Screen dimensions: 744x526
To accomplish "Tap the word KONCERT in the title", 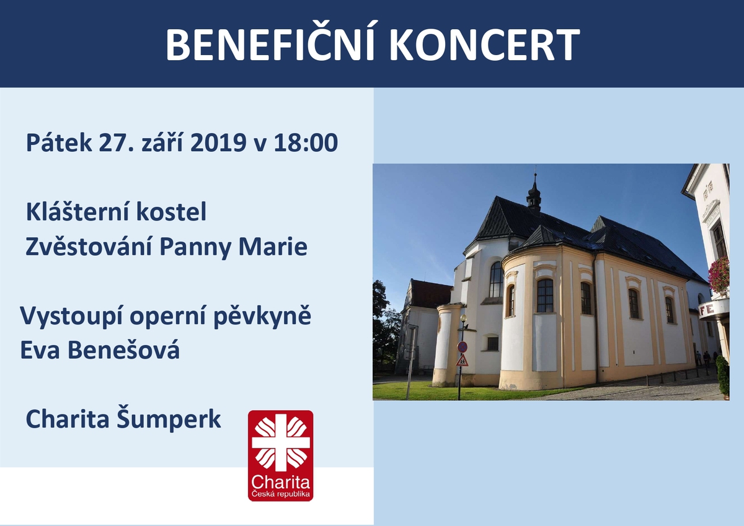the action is pyautogui.click(x=485, y=45).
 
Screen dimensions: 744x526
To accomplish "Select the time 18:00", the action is pyautogui.click(x=306, y=142).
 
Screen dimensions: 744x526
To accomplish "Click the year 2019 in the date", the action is pyautogui.click(x=218, y=142).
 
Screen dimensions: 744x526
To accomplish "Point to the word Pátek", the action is pyautogui.click(x=59, y=142).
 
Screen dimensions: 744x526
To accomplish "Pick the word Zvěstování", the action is pyautogui.click(x=89, y=247).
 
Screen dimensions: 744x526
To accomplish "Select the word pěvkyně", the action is pyautogui.click(x=262, y=317).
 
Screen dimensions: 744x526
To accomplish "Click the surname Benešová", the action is pyautogui.click(x=123, y=350).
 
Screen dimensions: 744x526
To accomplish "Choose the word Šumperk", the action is pyautogui.click(x=169, y=420).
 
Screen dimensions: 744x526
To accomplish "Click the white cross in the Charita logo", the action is pyautogui.click(x=281, y=442).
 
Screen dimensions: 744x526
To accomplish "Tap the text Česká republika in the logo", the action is pyautogui.click(x=281, y=494).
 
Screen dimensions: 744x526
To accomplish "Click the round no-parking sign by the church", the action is pyautogui.click(x=462, y=348).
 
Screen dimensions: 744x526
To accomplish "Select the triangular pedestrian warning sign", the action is pyautogui.click(x=462, y=361).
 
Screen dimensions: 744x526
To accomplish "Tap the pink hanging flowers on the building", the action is pyautogui.click(x=719, y=276).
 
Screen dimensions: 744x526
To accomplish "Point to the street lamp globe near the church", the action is pyautogui.click(x=463, y=318).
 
